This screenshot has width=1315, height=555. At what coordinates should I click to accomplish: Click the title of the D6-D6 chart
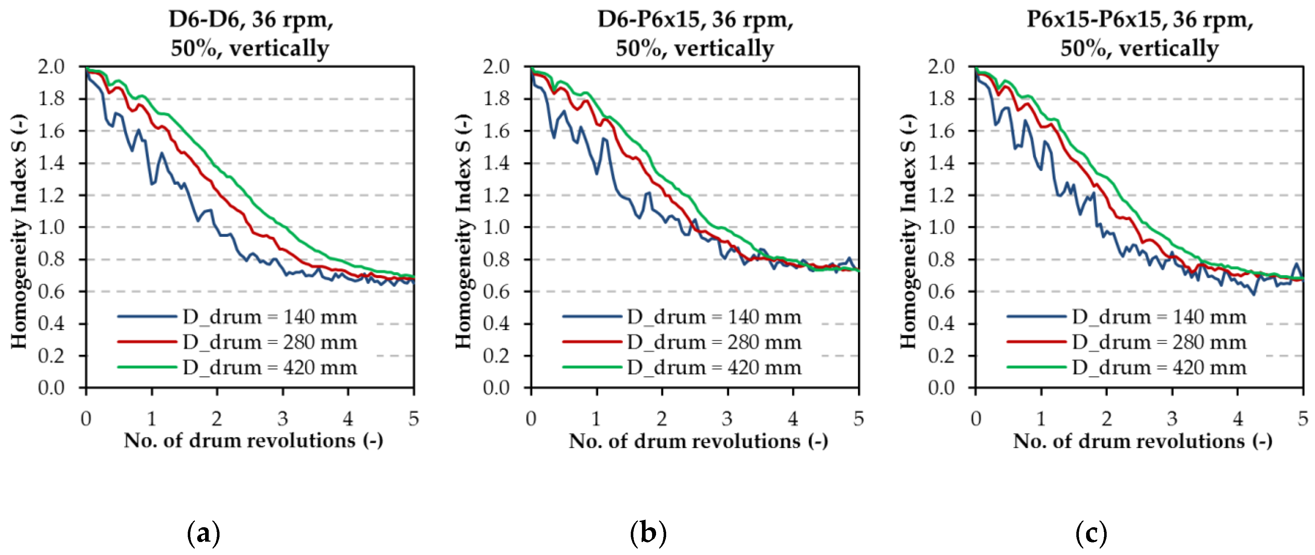(250, 34)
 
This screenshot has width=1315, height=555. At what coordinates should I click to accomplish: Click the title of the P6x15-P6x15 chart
(1140, 34)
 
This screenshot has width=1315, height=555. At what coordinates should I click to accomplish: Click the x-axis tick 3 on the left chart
(282, 419)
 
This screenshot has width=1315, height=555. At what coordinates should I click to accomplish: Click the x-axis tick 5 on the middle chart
(859, 419)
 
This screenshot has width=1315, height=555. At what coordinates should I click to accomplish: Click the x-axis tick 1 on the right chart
(1041, 419)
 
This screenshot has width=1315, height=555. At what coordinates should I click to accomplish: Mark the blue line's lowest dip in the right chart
(1254, 294)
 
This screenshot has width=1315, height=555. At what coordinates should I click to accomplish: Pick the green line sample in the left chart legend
(147, 367)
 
